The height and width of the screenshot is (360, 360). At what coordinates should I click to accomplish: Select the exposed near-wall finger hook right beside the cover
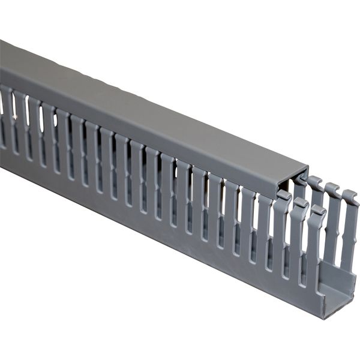pyautogui.click(x=284, y=196)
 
